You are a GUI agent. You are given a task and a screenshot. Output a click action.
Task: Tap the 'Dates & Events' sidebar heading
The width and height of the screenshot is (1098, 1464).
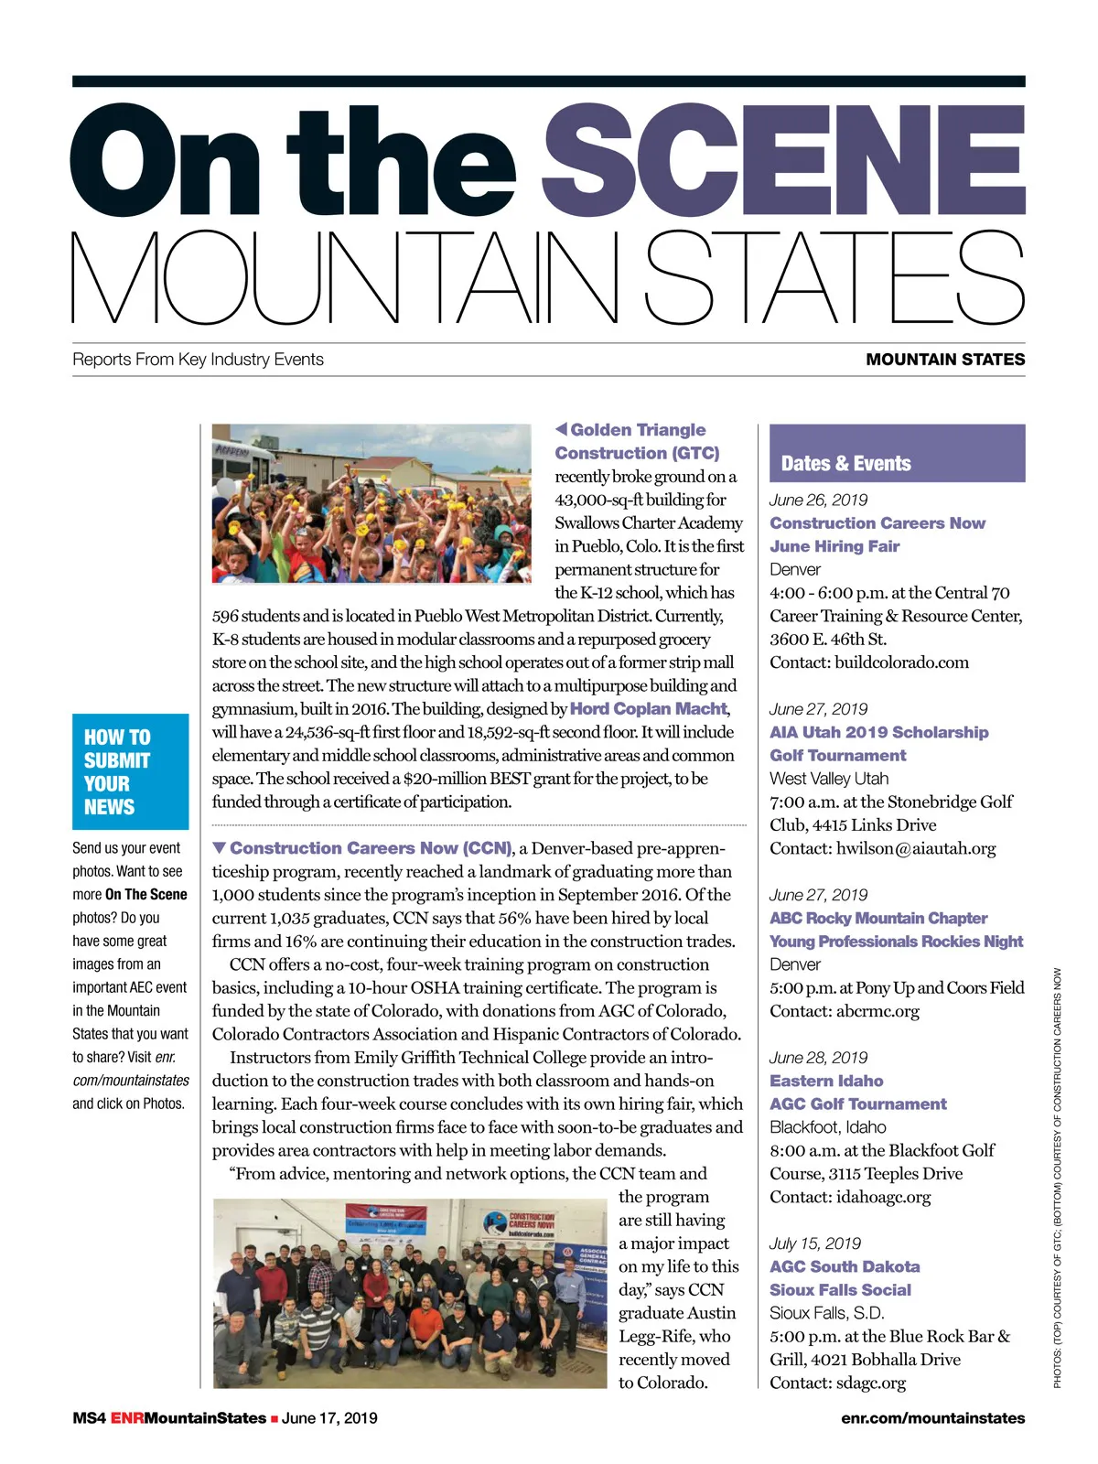pyautogui.click(x=845, y=463)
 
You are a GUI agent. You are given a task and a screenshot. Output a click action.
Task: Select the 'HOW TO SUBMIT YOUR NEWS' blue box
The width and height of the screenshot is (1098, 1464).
pyautogui.click(x=130, y=771)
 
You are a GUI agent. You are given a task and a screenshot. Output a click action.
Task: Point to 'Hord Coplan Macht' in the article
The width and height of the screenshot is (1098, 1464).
pyautogui.click(x=649, y=709)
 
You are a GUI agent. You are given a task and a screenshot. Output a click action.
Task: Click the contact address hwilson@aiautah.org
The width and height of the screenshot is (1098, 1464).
pyautogui.click(x=916, y=848)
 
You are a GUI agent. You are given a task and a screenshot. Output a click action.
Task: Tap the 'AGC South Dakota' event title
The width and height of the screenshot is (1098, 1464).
pyautogui.click(x=845, y=1266)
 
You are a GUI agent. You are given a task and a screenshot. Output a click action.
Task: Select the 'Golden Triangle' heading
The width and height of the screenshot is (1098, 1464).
pyautogui.click(x=638, y=430)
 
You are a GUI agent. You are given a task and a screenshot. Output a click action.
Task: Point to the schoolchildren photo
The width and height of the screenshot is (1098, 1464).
pyautogui.click(x=371, y=503)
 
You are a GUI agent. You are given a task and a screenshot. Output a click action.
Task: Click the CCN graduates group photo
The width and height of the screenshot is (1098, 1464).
pyautogui.click(x=410, y=1293)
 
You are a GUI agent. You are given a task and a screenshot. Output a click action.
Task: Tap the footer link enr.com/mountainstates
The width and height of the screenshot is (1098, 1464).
pyautogui.click(x=932, y=1418)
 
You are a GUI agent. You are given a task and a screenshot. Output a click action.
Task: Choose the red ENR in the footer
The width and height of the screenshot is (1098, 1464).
pyautogui.click(x=127, y=1418)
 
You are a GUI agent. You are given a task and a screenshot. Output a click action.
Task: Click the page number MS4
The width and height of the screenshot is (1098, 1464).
pyautogui.click(x=89, y=1418)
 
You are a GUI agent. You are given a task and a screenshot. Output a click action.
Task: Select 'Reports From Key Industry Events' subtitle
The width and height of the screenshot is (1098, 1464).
pyautogui.click(x=198, y=360)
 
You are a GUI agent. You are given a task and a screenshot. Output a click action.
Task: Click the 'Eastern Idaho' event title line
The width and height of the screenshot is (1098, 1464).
pyautogui.click(x=826, y=1081)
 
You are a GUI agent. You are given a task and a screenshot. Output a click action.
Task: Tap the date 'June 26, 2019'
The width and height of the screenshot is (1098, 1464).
pyautogui.click(x=819, y=500)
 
